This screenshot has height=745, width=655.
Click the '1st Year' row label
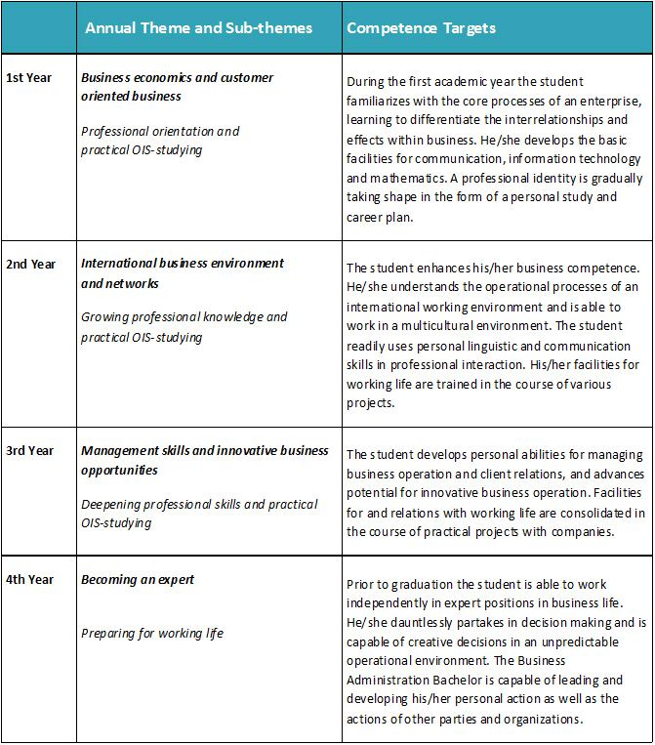pyautogui.click(x=29, y=78)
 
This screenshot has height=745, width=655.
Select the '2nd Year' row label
pyautogui.click(x=30, y=265)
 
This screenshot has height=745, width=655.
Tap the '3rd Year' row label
pyautogui.click(x=30, y=451)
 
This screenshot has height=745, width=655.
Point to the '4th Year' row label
pyautogui.click(x=30, y=580)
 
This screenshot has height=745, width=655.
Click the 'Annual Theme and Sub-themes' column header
pyautogui.click(x=198, y=27)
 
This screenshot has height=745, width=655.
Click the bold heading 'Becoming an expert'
pyautogui.click(x=138, y=580)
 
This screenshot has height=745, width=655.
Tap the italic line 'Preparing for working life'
pyautogui.click(x=152, y=634)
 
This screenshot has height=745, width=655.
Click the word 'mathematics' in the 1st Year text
pyautogui.click(x=400, y=179)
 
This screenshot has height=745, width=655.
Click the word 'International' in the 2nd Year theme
pyautogui.click(x=118, y=264)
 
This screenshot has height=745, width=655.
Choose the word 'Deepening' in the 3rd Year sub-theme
pyautogui.click(x=112, y=505)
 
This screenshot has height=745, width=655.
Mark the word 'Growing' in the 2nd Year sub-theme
pyautogui.click(x=105, y=317)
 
